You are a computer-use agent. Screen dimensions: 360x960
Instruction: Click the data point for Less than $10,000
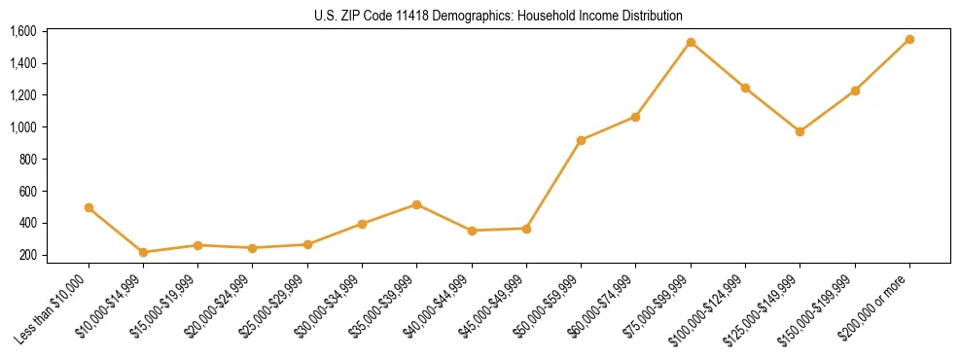pyautogui.click(x=89, y=207)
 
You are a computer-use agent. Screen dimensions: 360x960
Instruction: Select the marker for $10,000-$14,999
pyautogui.click(x=144, y=252)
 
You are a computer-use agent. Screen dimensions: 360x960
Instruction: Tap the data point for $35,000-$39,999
pyautogui.click(x=417, y=204)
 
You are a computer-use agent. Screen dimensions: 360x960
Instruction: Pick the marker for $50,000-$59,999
pyautogui.click(x=581, y=140)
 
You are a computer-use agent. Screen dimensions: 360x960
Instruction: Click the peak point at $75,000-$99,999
pyautogui.click(x=691, y=42)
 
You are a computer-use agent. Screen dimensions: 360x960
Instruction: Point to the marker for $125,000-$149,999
pyautogui.click(x=800, y=131)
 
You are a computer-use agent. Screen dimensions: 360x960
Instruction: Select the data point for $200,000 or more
pyautogui.click(x=909, y=39)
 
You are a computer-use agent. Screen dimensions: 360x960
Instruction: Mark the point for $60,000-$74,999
pyautogui.click(x=635, y=117)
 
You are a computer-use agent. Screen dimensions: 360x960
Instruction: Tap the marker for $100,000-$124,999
pyautogui.click(x=745, y=88)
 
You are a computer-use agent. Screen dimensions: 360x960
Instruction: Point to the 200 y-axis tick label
pyautogui.click(x=27, y=255)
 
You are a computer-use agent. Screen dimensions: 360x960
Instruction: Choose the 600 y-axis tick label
pyautogui.click(x=27, y=191)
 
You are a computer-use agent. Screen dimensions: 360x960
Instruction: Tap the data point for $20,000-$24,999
pyautogui.click(x=253, y=248)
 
